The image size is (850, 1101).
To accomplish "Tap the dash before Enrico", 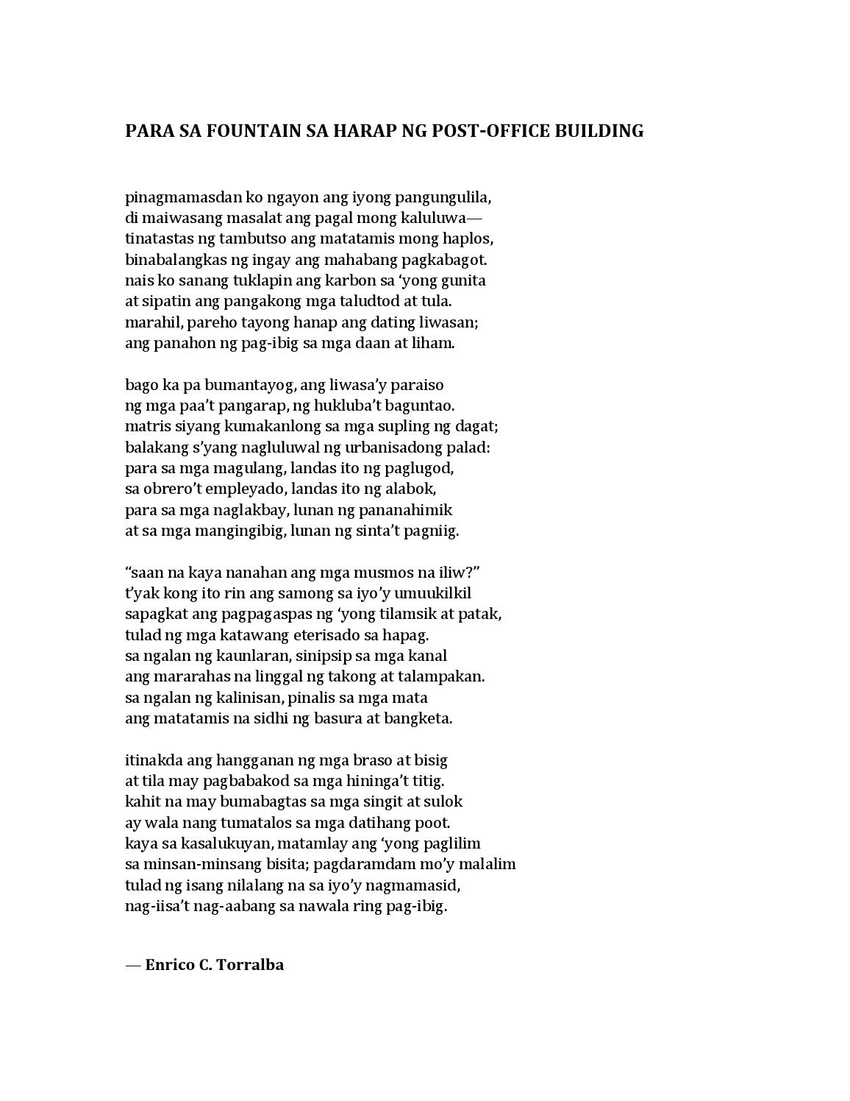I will click(x=132, y=965).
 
